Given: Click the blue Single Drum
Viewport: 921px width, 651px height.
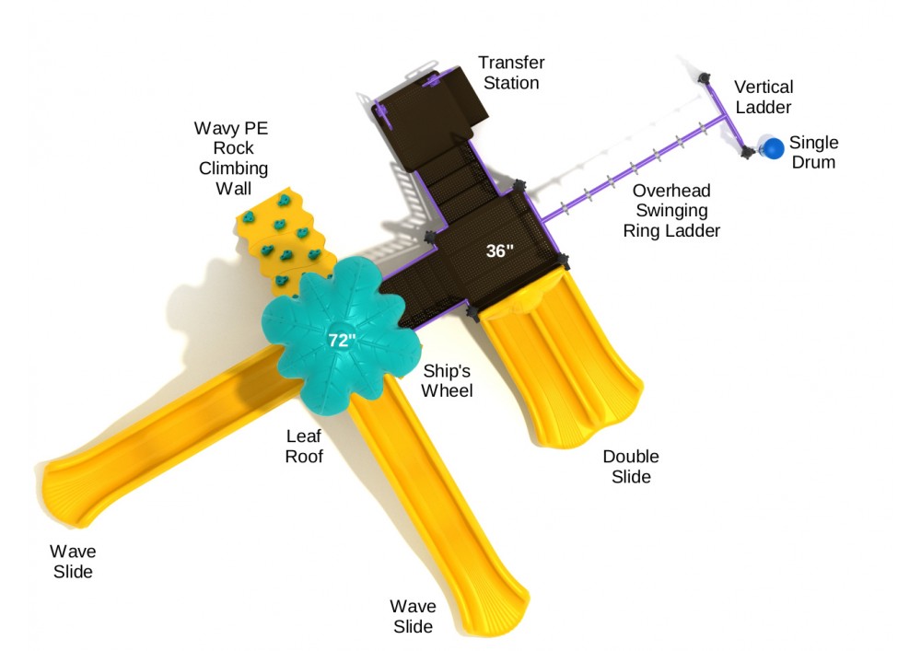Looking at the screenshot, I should pyautogui.click(x=772, y=148).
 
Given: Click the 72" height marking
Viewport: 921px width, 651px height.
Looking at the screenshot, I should pyautogui.click(x=342, y=341).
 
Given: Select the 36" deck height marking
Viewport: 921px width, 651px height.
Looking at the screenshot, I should pyautogui.click(x=500, y=250).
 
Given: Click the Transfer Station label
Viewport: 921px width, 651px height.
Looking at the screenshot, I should pyautogui.click(x=510, y=73).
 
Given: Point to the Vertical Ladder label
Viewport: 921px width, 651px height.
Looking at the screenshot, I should pyautogui.click(x=763, y=97).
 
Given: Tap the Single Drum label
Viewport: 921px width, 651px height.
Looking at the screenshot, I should pyautogui.click(x=813, y=153).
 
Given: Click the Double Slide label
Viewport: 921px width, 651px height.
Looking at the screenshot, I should pyautogui.click(x=631, y=466).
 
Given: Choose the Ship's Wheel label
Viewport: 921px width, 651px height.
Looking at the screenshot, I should pyautogui.click(x=448, y=381).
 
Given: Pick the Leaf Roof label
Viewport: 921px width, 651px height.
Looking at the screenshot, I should pyautogui.click(x=304, y=447).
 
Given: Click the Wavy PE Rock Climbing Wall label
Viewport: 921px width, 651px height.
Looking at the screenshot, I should pyautogui.click(x=230, y=157).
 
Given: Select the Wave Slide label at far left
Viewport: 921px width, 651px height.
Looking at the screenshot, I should pyautogui.click(x=73, y=561).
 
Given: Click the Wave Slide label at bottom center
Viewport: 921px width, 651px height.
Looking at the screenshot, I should pyautogui.click(x=413, y=616).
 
